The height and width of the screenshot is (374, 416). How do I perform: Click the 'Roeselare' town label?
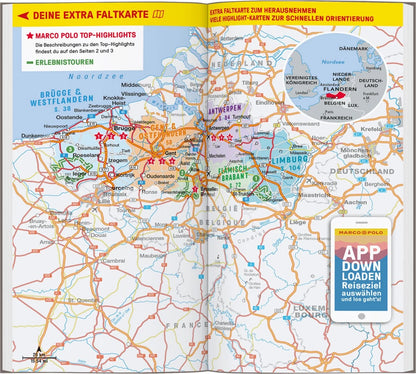(x=83, y=155)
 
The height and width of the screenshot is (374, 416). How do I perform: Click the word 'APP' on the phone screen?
(x=361, y=252)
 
